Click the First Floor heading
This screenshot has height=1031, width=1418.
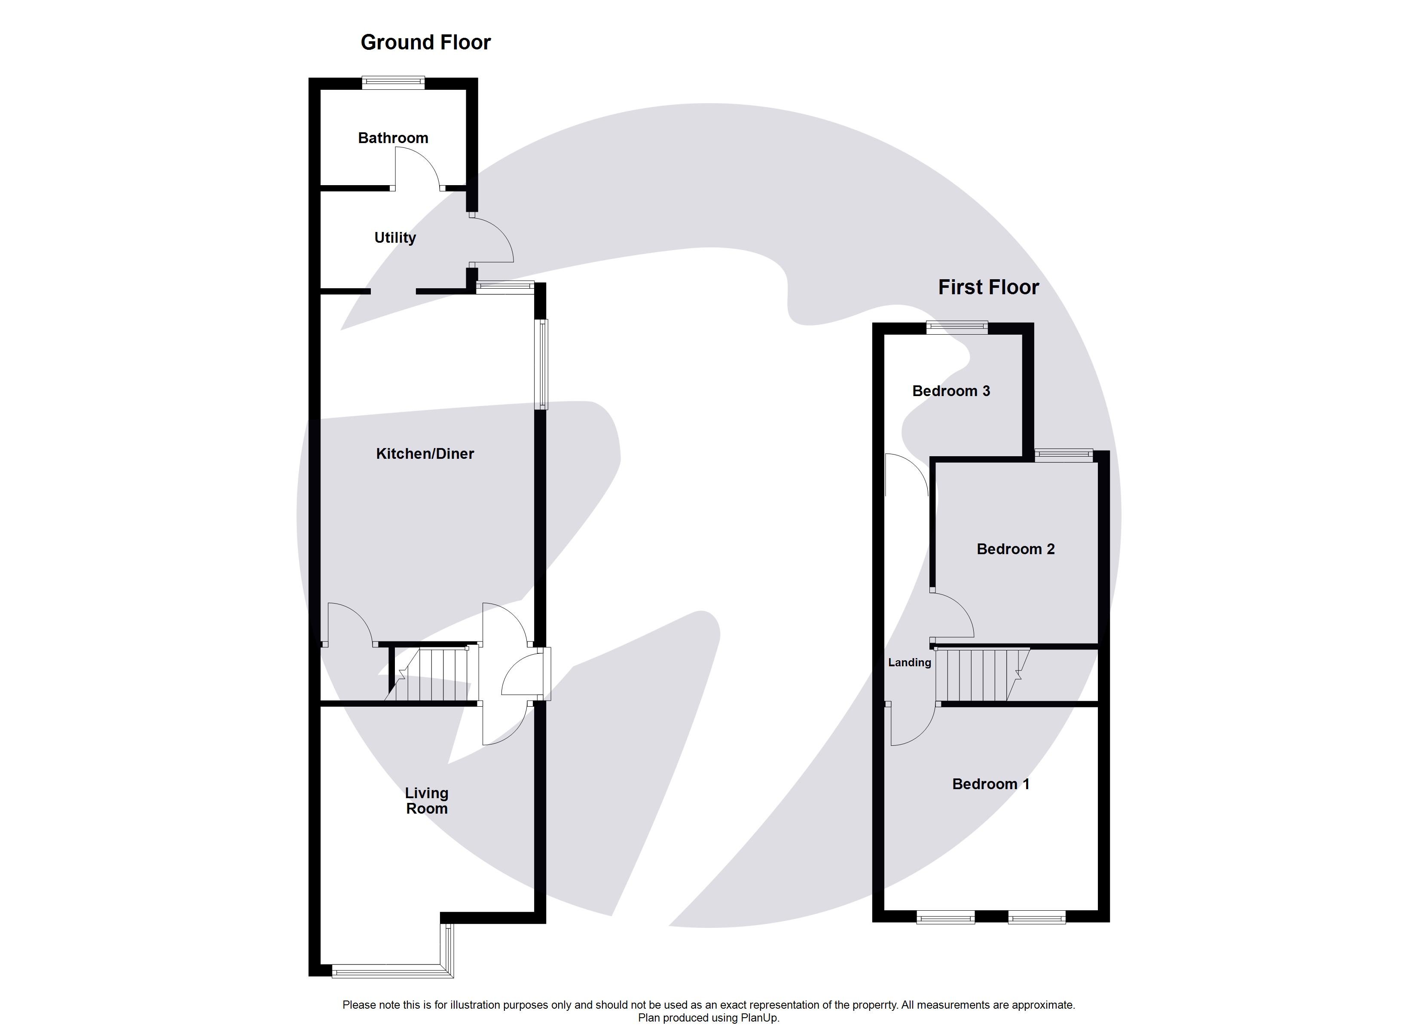(988, 287)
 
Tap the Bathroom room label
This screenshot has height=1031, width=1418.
(393, 138)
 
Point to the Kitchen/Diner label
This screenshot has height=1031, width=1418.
(425, 454)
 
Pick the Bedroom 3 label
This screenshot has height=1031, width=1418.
(950, 391)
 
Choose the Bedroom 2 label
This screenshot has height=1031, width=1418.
(1015, 549)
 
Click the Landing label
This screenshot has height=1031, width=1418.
(909, 663)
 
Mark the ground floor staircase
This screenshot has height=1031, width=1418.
(431, 675)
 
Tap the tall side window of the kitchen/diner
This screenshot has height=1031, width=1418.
(543, 365)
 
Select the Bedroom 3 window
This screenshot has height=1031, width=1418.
(957, 328)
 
